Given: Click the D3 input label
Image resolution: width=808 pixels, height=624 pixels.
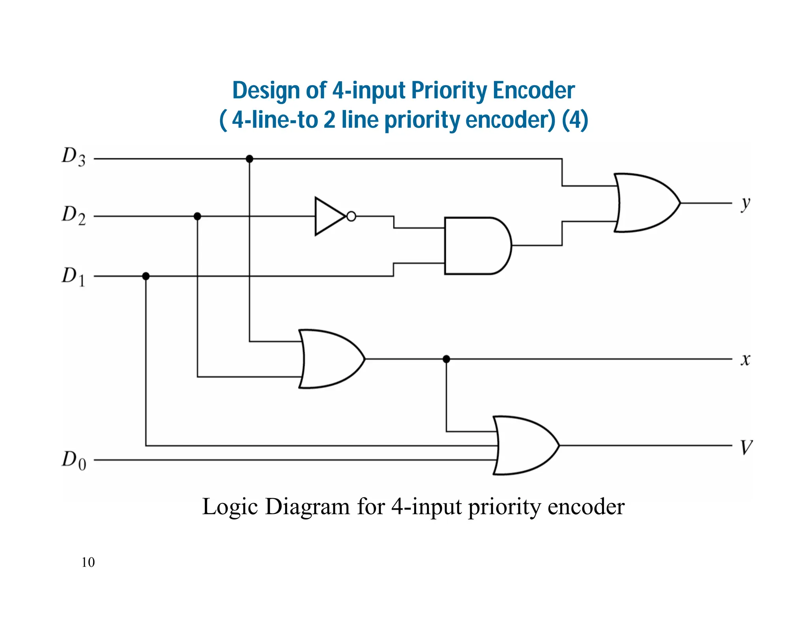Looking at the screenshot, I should tap(74, 157).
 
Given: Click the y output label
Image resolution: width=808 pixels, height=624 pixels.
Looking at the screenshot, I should tap(745, 204).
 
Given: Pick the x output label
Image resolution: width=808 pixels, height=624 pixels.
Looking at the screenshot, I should tap(745, 359).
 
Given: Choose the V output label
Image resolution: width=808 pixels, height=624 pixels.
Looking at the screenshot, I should tap(746, 447).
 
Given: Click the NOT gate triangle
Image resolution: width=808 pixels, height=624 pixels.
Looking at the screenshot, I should tap(329, 217).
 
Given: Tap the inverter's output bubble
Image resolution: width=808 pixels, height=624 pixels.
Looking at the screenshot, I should tap(351, 217).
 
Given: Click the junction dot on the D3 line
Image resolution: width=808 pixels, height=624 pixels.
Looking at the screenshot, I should tap(249, 159).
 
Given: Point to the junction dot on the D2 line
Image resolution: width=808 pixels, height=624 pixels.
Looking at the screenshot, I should tap(197, 217).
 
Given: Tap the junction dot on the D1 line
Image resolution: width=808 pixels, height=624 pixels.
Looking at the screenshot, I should tap(146, 276).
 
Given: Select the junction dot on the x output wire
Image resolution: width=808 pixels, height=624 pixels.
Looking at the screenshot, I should tap(446, 359).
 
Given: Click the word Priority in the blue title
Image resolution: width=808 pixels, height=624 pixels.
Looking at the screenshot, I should tap(449, 90).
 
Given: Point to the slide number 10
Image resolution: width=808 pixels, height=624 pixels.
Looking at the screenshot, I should tap(88, 562).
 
